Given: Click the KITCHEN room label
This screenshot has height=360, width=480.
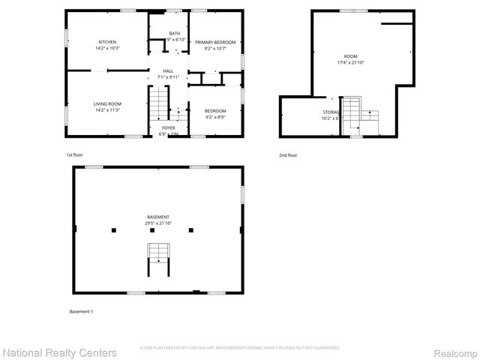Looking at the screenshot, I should click(108, 41).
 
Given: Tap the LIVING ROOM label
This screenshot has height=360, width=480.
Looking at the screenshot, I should click(107, 103).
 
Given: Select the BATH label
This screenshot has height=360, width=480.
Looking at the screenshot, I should click(174, 34).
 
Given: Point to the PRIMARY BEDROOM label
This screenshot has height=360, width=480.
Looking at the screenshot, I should click(215, 42).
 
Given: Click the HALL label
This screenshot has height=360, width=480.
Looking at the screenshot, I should click(168, 70).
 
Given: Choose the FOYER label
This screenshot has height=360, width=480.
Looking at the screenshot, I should click(169, 128).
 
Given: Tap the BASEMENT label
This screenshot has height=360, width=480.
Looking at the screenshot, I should click(157, 217).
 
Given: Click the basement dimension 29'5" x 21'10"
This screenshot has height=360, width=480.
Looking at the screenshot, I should click(157, 223).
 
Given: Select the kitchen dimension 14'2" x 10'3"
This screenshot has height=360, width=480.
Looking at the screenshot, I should click(108, 48).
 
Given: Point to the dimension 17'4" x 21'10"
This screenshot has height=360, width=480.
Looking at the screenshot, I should click(350, 62).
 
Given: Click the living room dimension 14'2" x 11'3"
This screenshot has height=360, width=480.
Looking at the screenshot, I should click(107, 110).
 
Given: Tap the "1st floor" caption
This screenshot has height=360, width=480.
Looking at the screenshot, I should click(73, 154).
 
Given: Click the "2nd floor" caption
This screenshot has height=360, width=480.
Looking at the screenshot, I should click(287, 154).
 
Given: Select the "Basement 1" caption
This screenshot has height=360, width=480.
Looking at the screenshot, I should click(81, 310).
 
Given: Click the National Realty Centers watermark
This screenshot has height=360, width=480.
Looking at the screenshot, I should click(60, 352).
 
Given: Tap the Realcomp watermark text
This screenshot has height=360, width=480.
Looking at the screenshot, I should click(451, 352).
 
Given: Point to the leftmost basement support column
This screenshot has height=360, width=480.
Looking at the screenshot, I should click(113, 229).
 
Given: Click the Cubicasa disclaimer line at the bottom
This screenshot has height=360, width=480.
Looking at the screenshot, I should click(240, 348).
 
